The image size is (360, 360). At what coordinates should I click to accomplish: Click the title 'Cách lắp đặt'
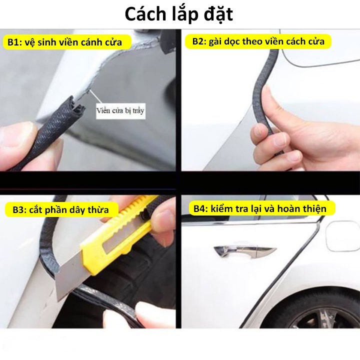pos(179,14)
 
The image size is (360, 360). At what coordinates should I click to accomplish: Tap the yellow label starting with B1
pos(67,42)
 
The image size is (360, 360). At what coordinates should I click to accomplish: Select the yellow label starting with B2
pos(258,41)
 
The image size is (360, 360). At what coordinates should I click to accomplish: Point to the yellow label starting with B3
pos(61,209)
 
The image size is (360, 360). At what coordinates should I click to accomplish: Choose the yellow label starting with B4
pos(261,208)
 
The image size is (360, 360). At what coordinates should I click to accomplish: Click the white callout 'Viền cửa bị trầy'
pos(121,111)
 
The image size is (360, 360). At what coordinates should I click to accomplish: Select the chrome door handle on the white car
pos(244,250)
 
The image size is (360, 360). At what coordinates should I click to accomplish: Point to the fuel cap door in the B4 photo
pos(342,236)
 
